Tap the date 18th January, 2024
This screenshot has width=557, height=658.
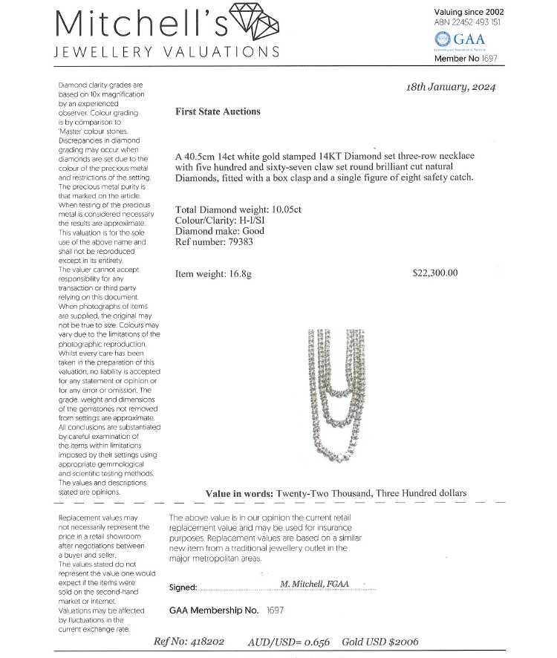click(451, 87)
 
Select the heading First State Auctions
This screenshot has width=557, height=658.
click(218, 111)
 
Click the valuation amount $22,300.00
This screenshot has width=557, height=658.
click(435, 273)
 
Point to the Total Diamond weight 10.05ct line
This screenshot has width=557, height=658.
click(238, 209)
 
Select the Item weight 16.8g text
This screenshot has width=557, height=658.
click(213, 274)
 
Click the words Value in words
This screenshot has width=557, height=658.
click(238, 493)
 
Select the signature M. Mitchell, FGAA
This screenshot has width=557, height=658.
click(315, 584)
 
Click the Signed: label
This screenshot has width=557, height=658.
click(183, 587)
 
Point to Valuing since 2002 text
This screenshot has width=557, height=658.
click(468, 12)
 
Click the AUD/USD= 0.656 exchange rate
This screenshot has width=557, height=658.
click(289, 642)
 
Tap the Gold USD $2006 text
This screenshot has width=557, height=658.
click(380, 642)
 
